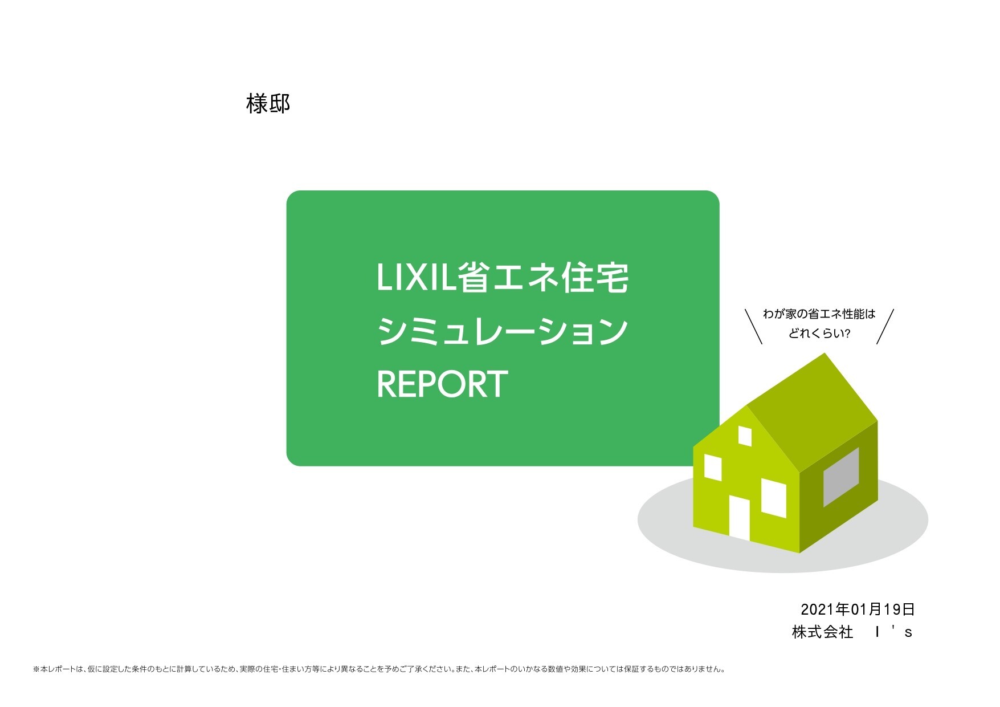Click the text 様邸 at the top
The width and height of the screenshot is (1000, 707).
(268, 104)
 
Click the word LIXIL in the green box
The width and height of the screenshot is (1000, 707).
(418, 278)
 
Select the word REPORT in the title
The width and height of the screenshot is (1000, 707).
(442, 384)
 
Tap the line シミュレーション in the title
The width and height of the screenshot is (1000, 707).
(502, 332)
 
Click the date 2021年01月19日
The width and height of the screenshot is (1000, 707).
(858, 610)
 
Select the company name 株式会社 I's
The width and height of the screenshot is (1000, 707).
(852, 632)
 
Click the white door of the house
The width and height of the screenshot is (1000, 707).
(740, 518)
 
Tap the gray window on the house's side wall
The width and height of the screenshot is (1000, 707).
(841, 477)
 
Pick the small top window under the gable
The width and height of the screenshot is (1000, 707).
(745, 436)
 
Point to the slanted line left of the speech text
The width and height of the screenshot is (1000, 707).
(754, 327)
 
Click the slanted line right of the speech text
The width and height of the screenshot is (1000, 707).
(885, 327)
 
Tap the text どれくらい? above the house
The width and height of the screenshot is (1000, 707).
(819, 334)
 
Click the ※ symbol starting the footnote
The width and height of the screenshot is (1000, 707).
(36, 669)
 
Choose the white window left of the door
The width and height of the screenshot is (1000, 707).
(713, 467)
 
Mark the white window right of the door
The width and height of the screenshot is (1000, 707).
(774, 498)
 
